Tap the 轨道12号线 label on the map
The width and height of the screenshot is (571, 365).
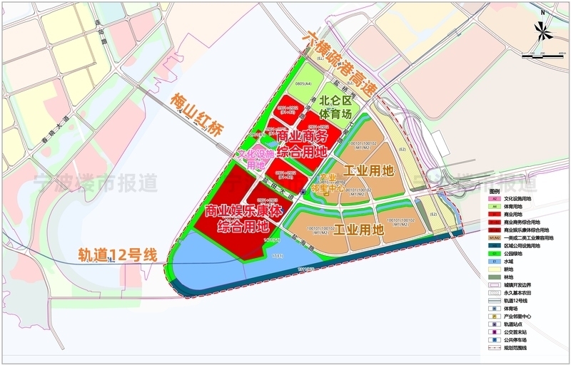tap(117, 255)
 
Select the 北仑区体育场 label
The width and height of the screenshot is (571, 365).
tap(335, 107)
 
